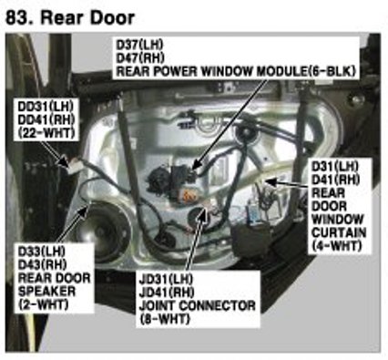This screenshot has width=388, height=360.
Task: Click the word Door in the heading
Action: tap(112, 17)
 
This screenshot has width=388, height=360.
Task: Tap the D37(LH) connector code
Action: tap(139, 45)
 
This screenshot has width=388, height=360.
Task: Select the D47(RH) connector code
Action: tap(140, 57)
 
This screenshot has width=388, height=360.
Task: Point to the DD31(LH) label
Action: tap(46, 107)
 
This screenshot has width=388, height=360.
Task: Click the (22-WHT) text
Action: tap(46, 133)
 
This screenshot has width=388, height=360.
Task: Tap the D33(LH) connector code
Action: tap(42, 252)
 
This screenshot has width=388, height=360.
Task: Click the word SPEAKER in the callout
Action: tap(46, 292)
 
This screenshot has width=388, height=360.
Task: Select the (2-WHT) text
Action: tap(43, 304)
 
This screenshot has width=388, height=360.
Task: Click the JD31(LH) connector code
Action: tap(166, 279)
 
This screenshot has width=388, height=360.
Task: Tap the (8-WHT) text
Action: tap(165, 319)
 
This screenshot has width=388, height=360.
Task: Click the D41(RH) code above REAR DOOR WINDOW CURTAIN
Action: tap(335, 180)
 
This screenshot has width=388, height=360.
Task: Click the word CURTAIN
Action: tap(339, 232)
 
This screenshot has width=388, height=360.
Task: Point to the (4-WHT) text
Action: tap(337, 246)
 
